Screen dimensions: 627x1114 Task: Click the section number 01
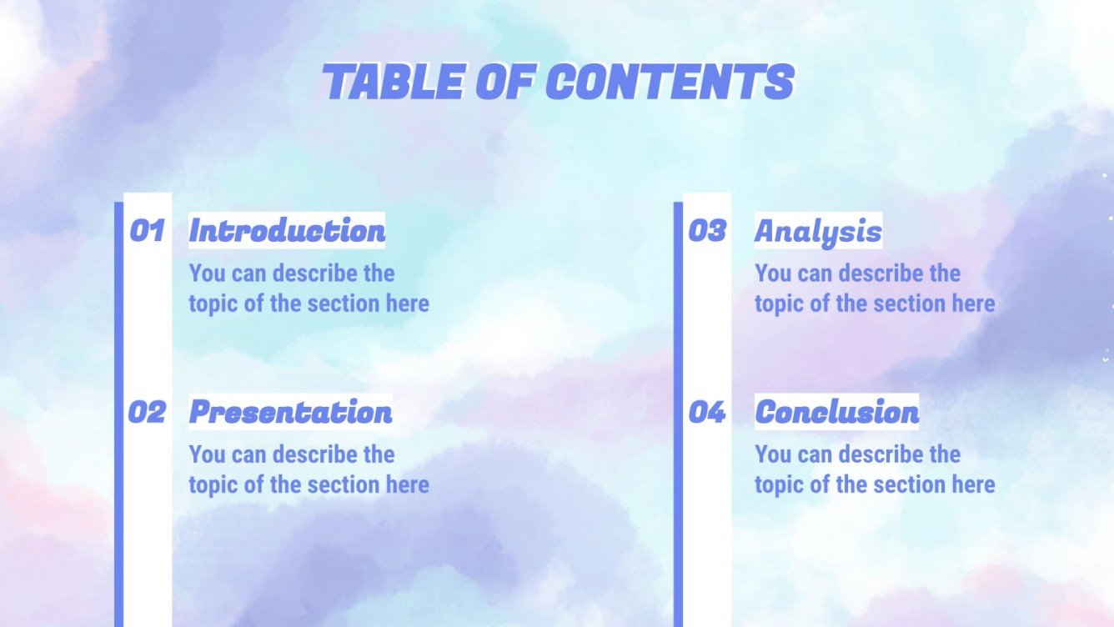(x=147, y=231)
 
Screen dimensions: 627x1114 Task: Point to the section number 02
(x=147, y=412)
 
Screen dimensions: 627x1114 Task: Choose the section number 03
(x=707, y=231)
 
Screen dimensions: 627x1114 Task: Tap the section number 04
(x=707, y=412)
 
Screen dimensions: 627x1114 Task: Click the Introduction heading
(x=287, y=231)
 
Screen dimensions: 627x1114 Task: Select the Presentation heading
(x=290, y=412)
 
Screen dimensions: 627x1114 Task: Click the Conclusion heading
(x=836, y=412)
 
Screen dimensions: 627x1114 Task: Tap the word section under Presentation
(x=345, y=484)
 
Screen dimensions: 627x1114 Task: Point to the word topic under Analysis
(x=777, y=303)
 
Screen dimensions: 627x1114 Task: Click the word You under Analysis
(x=771, y=273)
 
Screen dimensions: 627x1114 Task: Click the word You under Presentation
(x=205, y=454)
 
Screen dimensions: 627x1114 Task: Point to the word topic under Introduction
(x=211, y=303)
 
